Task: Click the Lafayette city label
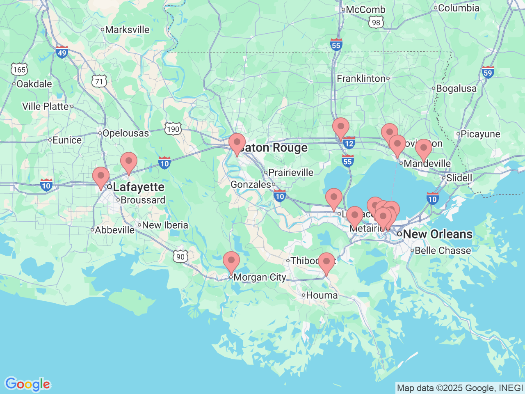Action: click(x=139, y=187)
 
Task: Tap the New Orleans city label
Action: click(x=438, y=234)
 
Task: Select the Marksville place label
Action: click(x=127, y=30)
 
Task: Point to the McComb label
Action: click(x=365, y=9)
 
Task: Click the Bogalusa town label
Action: click(x=456, y=89)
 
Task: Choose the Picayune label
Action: click(x=480, y=134)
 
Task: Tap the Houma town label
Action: click(x=322, y=295)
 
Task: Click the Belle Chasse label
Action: click(x=443, y=250)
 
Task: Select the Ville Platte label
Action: click(x=46, y=106)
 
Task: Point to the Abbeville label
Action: click(x=114, y=230)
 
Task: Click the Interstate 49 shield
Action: click(x=62, y=52)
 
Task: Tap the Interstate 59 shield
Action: click(x=488, y=73)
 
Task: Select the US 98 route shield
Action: click(x=376, y=23)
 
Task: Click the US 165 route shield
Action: click(x=19, y=69)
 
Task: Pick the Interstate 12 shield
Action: click(x=349, y=143)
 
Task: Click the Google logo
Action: click(x=27, y=385)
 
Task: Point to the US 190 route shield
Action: click(x=173, y=129)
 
